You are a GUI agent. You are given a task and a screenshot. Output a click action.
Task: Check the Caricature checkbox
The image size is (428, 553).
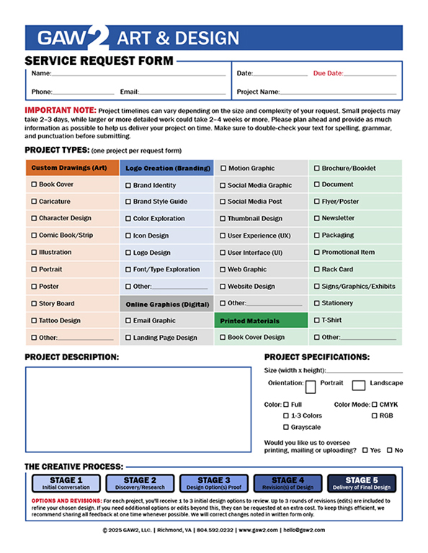35,202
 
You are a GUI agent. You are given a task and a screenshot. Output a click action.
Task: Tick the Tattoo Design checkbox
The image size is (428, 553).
35,320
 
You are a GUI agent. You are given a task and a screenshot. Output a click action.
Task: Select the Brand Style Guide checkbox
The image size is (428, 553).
128,202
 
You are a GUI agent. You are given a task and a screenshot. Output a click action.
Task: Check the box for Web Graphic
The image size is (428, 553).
223,269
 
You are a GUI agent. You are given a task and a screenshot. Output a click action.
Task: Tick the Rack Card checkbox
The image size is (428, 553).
317,269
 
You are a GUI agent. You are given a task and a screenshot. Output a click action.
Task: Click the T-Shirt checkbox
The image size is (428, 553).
317,320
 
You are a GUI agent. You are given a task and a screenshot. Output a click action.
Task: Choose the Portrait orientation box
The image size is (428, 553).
311,387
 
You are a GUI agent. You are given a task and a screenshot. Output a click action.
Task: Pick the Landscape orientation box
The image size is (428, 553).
359,385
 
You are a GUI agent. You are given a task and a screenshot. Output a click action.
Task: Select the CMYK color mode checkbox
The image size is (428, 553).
374,405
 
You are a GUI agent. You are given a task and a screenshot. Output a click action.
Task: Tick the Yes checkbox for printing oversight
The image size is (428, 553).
365,450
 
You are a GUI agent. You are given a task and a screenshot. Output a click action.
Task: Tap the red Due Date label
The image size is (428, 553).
328,73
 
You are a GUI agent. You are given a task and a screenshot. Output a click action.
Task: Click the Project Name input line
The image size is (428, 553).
338,92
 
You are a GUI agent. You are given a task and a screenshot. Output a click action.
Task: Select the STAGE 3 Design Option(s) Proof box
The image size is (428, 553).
210,483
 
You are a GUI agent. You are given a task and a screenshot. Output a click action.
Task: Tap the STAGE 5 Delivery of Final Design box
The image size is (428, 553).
361,483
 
